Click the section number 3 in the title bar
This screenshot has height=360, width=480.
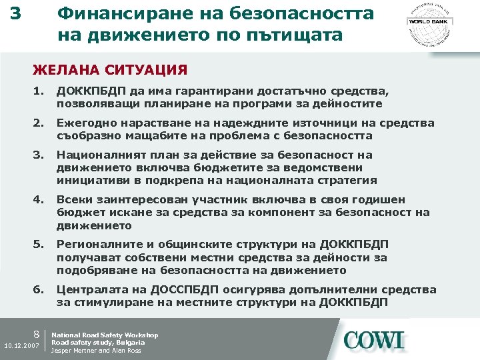(15, 13)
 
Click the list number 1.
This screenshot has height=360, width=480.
(39, 91)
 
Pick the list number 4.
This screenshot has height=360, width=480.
(39, 199)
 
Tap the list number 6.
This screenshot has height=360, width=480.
(39, 289)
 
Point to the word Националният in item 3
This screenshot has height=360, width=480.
(100, 155)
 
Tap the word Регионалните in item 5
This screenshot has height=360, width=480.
(97, 245)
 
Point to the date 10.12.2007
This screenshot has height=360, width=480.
(22, 345)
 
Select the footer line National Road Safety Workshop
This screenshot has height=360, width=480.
(105, 335)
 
